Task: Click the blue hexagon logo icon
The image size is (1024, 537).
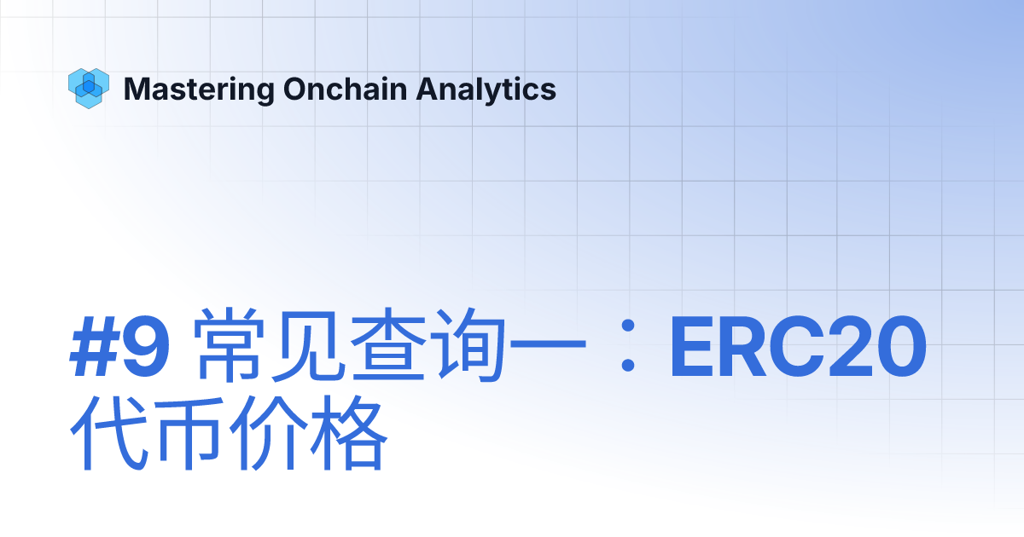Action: [x=88, y=88]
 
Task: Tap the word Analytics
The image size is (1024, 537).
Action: [x=486, y=89]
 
